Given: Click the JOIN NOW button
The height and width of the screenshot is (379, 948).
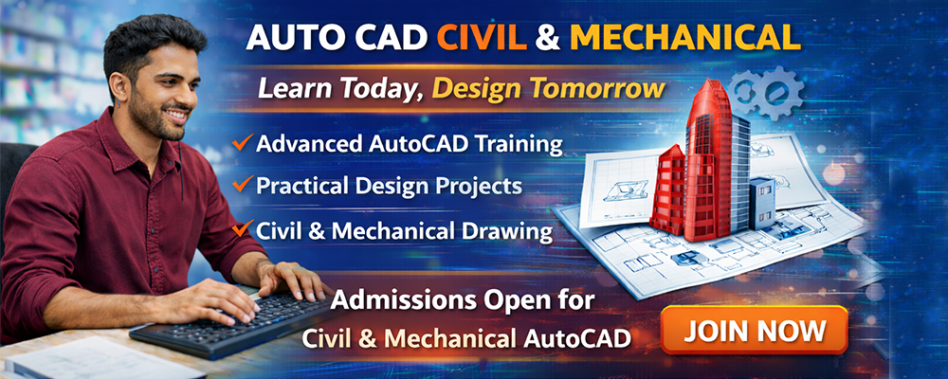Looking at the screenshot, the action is click(755, 330).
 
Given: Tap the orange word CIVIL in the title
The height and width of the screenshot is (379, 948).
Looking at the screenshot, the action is click(482, 38).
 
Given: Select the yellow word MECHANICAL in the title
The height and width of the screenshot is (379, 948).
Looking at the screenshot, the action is click(685, 38).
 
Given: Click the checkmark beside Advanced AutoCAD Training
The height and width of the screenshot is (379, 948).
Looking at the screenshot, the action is click(242, 143).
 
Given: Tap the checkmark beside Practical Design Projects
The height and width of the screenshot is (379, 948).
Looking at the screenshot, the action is click(242, 183).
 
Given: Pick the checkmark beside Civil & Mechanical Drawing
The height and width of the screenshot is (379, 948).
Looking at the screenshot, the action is click(242, 228).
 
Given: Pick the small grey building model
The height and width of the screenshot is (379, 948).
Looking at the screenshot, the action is click(761, 203).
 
